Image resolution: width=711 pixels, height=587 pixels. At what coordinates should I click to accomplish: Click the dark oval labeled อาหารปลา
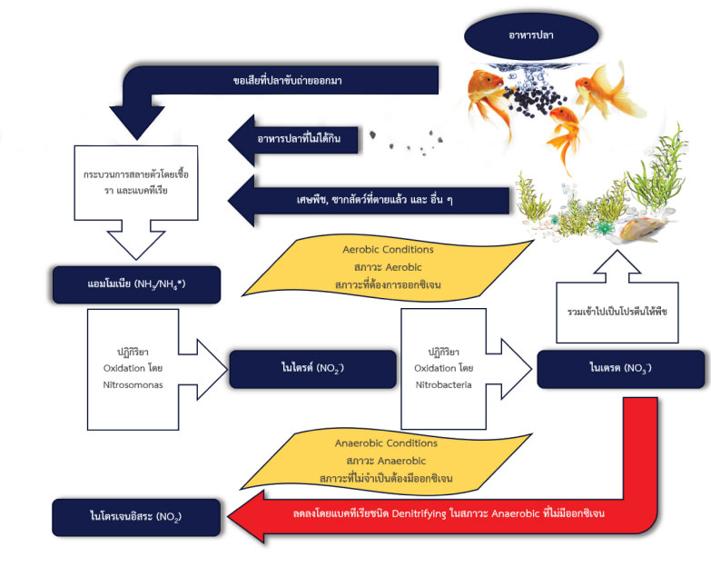pyautogui.click(x=531, y=34)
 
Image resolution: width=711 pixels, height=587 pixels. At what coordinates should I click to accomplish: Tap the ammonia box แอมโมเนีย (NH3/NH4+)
pyautogui.click(x=137, y=284)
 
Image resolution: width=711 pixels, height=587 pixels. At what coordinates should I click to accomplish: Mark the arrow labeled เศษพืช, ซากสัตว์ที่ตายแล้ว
pyautogui.click(x=354, y=198)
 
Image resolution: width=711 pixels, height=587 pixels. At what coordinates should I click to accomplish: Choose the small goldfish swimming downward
pyautogui.click(x=568, y=132)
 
